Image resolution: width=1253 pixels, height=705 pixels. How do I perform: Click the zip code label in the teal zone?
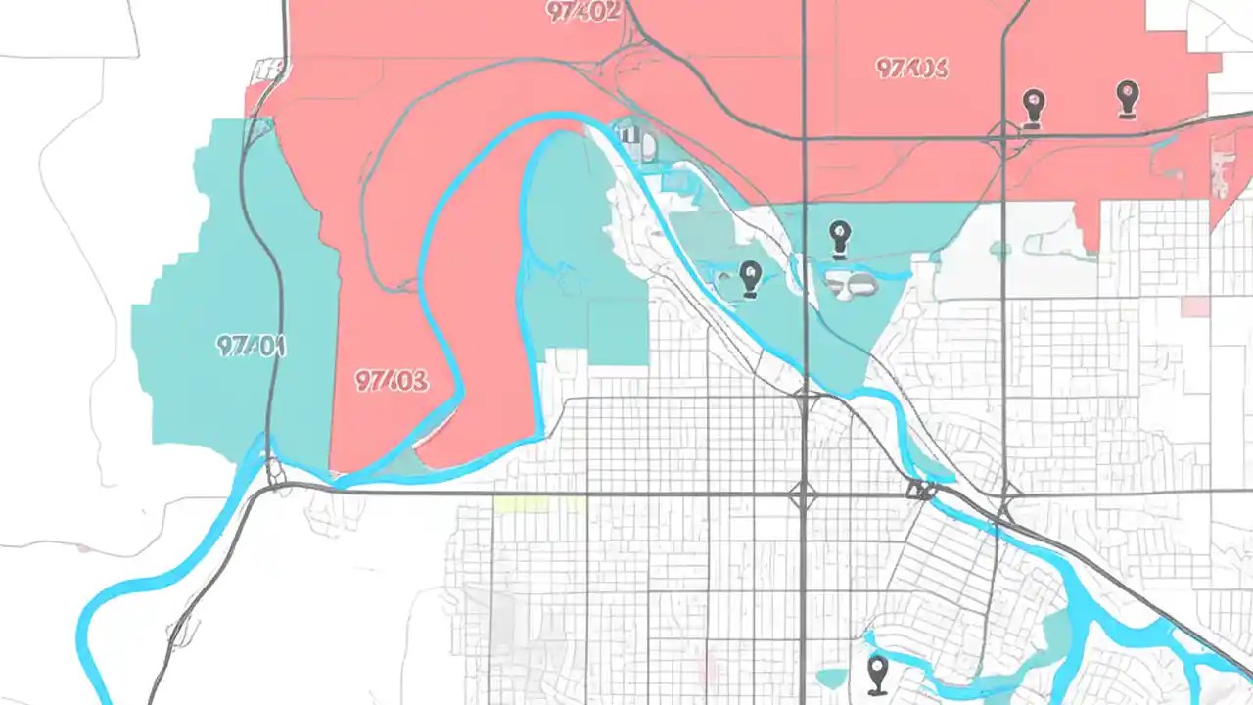tap(250, 346)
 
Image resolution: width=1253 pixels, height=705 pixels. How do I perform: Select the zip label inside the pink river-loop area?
tap(392, 381)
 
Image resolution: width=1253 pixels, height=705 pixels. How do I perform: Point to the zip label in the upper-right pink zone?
tap(911, 68)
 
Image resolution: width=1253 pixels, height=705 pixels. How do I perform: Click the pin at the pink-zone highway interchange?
tap(1033, 107)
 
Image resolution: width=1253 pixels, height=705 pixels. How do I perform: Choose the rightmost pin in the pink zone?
tap(1128, 99)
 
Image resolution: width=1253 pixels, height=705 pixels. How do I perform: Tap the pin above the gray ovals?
tap(839, 239)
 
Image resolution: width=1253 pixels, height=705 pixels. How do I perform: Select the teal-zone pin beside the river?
tap(750, 278)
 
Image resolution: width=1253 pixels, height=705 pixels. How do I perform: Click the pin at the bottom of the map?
tap(877, 674)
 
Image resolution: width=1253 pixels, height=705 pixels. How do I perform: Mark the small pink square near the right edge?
tap(1195, 306)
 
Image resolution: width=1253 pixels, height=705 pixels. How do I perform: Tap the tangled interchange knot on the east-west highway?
tap(920, 490)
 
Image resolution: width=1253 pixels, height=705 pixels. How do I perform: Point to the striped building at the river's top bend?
tap(636, 142)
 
